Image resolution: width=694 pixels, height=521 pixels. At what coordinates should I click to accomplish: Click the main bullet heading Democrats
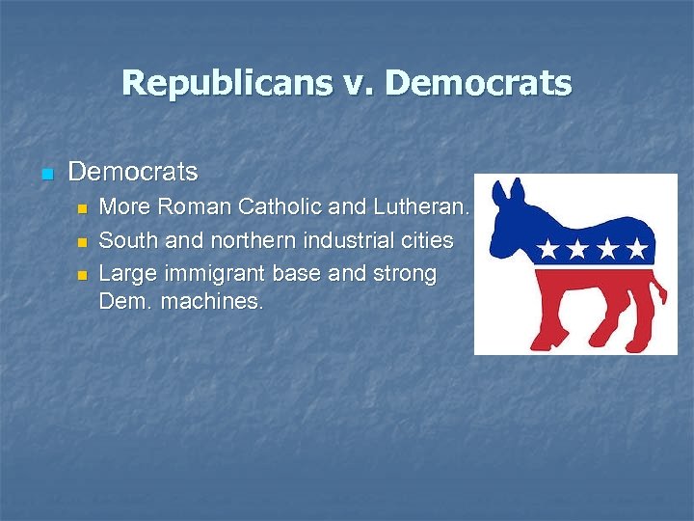[x=133, y=173]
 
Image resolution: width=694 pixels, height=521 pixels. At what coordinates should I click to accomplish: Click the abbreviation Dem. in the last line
[x=124, y=301]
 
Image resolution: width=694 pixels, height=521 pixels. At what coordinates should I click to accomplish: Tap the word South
[x=127, y=239]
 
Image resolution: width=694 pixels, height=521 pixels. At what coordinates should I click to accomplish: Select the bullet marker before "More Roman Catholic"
[x=82, y=207]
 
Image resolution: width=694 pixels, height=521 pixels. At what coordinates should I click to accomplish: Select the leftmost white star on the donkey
[x=547, y=250]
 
